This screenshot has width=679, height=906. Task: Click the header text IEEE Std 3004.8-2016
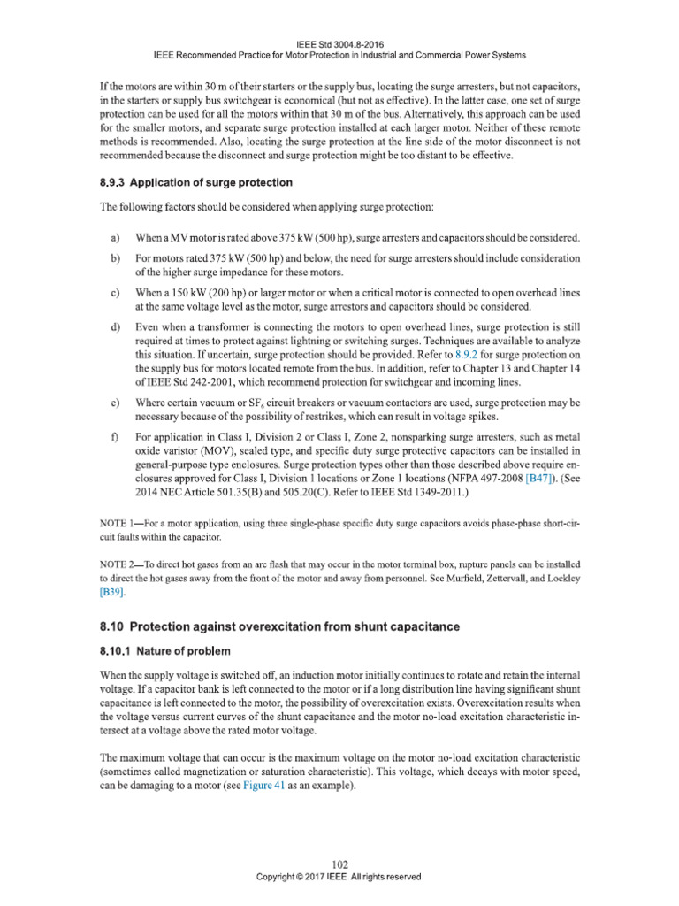click(x=339, y=42)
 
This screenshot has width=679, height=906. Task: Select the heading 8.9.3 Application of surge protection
click(x=195, y=183)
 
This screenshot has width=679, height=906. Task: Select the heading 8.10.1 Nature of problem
click(x=164, y=651)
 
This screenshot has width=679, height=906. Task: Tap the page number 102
click(x=339, y=864)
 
